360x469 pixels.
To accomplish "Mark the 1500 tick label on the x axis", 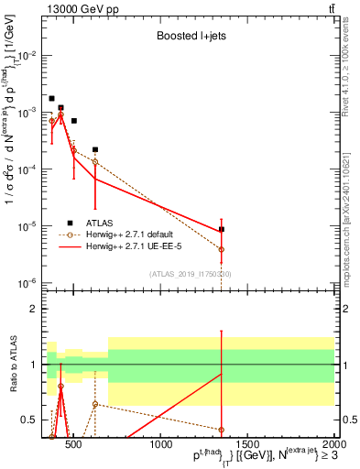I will coord(248,445).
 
